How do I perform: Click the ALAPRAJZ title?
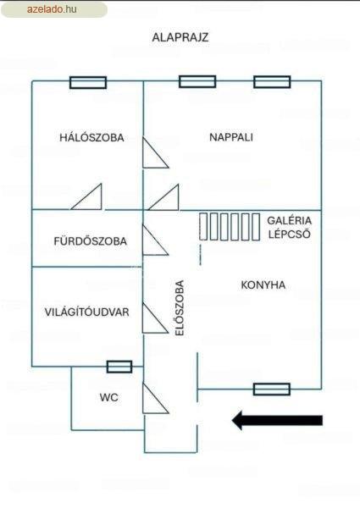180,37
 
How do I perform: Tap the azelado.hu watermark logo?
53,9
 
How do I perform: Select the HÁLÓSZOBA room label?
91,137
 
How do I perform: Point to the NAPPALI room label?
231,137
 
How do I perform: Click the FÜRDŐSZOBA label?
90,241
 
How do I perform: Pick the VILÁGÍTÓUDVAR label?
87,312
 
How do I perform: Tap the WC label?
109,397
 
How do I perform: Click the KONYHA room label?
263,285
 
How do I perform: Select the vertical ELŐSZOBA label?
180,308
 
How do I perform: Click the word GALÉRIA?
290,221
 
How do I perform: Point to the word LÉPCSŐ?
290,234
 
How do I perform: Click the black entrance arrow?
277,420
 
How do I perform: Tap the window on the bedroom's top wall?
88,83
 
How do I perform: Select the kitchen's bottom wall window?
272,389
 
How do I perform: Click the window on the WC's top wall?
119,367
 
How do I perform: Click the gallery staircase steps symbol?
230,226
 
